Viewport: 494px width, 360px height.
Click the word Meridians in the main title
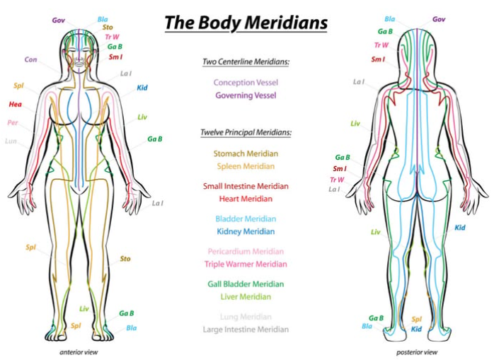286,23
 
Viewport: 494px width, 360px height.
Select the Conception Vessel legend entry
246,83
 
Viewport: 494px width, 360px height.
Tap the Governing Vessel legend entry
246,95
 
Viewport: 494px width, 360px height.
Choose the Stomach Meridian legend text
246,153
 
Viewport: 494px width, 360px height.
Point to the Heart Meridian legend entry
246,199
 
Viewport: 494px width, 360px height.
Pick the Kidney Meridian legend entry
246,231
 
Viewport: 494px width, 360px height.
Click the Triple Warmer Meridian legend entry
246,264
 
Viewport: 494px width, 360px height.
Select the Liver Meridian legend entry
246,296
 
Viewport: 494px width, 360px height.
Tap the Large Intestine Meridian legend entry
246,330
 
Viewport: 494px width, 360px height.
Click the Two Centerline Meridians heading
246,62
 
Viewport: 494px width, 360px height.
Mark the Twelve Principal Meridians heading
246,132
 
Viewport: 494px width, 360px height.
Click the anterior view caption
79,352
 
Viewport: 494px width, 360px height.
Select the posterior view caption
417,352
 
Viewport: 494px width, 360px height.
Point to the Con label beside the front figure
30,59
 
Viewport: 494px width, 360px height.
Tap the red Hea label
15,104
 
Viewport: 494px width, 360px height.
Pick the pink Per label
13,122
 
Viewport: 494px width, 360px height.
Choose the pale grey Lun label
11,141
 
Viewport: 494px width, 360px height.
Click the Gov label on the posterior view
439,19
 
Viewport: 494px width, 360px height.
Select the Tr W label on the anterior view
112,37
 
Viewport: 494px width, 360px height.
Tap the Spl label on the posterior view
416,320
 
